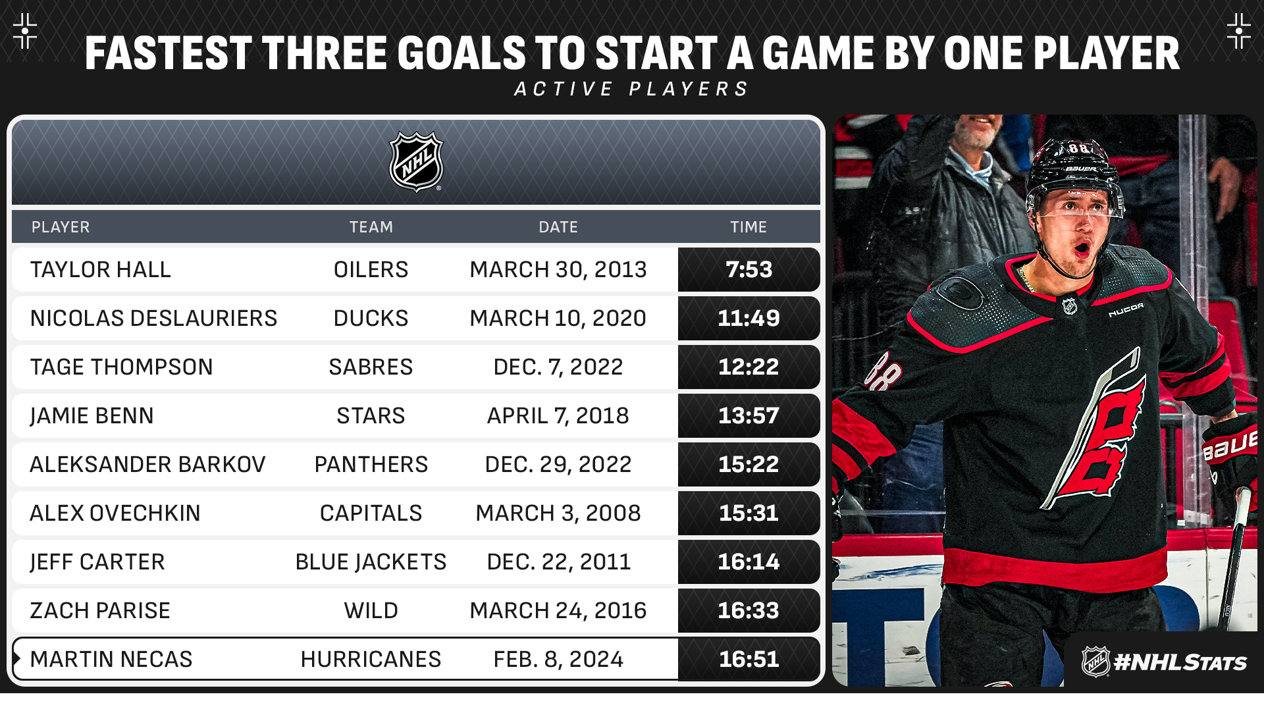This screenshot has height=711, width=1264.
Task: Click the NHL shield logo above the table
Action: pos(416,162)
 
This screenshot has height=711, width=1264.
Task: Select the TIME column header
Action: pos(749,227)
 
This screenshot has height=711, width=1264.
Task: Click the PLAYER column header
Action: pos(61,227)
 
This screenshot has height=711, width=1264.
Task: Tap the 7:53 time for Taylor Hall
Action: pos(749,269)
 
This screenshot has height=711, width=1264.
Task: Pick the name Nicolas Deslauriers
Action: pos(154,318)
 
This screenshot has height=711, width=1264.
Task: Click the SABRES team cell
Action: pos(371,367)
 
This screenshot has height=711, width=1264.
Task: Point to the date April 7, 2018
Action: pos(558,415)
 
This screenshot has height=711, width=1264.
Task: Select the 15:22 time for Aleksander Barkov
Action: pos(749,464)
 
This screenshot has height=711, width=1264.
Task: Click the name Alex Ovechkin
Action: pos(115,513)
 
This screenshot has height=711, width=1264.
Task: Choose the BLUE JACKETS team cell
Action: pos(371,562)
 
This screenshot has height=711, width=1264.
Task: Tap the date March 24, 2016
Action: pos(558,610)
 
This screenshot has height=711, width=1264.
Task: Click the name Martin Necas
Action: pos(111,659)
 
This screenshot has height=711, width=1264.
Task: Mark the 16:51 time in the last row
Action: pos(749,659)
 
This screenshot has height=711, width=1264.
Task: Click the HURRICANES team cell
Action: pos(371,659)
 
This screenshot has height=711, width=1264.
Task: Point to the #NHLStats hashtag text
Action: pos(1180,662)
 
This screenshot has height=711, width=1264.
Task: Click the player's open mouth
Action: pos(1082,250)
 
